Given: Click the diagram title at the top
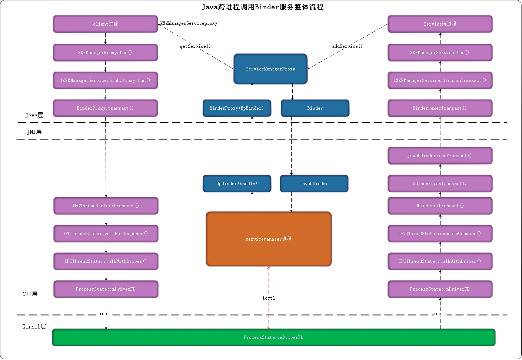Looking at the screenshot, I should [262, 7].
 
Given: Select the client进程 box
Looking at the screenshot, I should [105, 24].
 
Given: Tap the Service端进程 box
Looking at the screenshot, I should [440, 24].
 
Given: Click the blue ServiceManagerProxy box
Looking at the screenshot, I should [270, 69].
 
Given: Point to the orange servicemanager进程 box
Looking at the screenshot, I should [269, 239].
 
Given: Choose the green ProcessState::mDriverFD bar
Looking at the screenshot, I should [273, 337].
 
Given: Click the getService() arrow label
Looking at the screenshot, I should [195, 46].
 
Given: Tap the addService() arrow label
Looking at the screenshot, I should [347, 46].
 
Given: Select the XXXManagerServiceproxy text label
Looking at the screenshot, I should [189, 23].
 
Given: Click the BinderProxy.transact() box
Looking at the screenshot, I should [105, 108].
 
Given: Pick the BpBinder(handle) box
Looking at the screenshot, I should [237, 184].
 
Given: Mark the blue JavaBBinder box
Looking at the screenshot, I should [314, 184].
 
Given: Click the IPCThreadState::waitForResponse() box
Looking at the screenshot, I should [106, 234].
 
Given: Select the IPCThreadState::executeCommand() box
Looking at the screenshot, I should [440, 234].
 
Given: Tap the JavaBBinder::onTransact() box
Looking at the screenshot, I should [440, 156].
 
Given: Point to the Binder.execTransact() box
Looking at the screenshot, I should [440, 108].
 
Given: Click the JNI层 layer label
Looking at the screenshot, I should [34, 132].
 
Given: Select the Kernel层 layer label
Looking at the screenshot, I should [34, 327].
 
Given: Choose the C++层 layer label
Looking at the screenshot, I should [30, 294].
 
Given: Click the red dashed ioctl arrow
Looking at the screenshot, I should [269, 282].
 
